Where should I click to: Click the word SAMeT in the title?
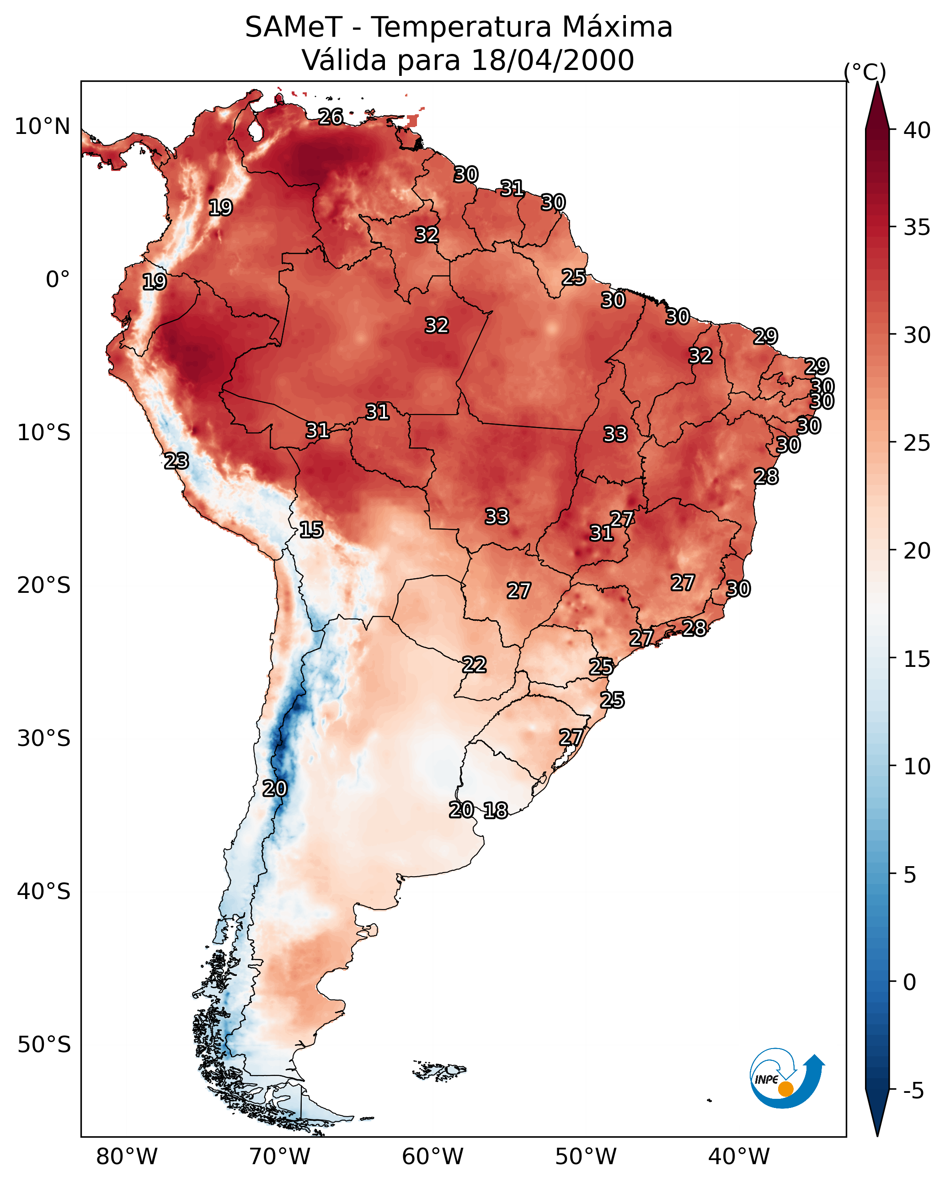point(294,27)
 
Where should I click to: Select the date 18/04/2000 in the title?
point(552,60)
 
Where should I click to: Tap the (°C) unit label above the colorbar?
point(865,72)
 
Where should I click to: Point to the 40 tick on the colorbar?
point(917,130)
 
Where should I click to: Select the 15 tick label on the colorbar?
point(917,659)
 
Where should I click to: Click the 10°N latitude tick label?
point(42,127)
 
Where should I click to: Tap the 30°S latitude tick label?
point(44,739)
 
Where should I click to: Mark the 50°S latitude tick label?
point(44,1045)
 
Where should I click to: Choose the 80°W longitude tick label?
point(127,1157)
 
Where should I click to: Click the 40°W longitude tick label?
point(739,1157)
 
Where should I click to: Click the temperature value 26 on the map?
point(331,117)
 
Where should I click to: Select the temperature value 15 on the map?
point(311,530)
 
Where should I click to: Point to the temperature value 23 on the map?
point(176,461)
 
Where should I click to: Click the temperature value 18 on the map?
point(495,810)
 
